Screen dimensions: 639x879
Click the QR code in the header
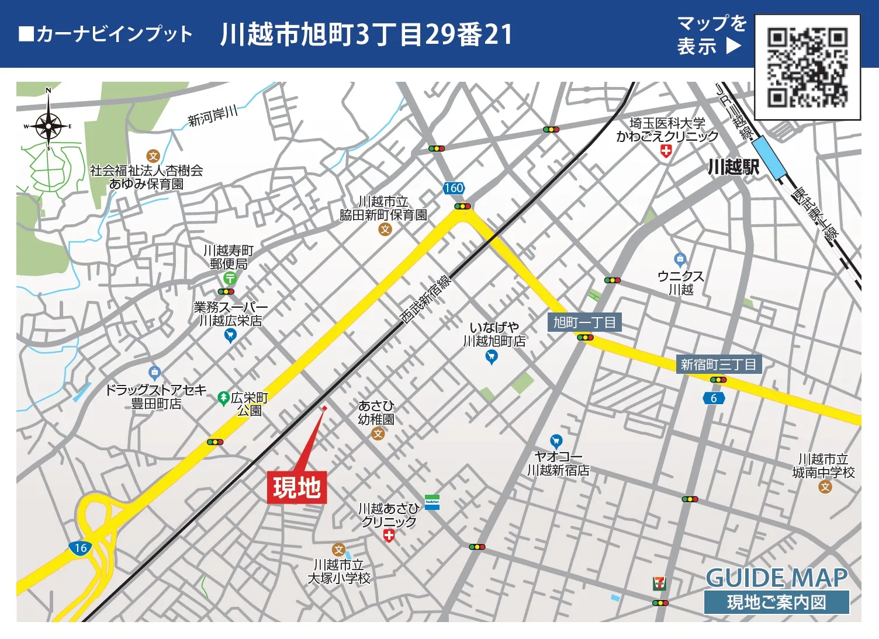click(x=808, y=67)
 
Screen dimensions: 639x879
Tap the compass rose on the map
click(x=49, y=124)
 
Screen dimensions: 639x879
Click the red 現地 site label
click(x=297, y=488)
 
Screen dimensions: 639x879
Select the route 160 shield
click(x=454, y=188)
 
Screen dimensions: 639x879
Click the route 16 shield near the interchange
click(x=80, y=548)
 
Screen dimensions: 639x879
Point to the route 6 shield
click(x=714, y=398)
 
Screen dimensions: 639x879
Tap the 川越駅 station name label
click(x=733, y=167)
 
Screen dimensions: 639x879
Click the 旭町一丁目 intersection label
click(x=584, y=322)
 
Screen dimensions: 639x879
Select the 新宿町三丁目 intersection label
click(x=718, y=364)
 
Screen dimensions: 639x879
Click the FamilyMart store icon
click(x=432, y=502)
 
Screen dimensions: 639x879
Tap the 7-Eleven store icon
click(x=659, y=583)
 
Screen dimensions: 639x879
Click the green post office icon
click(x=230, y=279)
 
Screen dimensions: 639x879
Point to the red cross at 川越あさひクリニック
click(x=389, y=536)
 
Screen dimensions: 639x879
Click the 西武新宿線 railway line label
click(x=425, y=299)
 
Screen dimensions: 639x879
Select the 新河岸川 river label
click(x=212, y=115)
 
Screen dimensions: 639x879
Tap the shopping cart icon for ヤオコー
click(x=556, y=441)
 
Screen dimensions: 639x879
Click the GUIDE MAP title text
click(x=777, y=578)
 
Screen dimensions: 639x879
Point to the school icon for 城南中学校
click(x=825, y=486)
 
